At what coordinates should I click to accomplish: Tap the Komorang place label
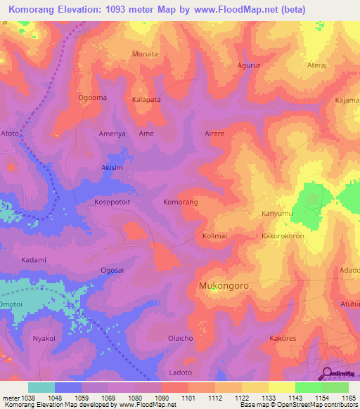[x=181, y=202]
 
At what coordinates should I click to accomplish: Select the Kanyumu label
[x=276, y=213]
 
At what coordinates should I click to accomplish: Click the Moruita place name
[x=146, y=53]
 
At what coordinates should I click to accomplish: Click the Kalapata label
[x=147, y=100]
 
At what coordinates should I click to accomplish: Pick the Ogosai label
[x=113, y=270]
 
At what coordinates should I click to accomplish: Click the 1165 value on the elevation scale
[x=349, y=398]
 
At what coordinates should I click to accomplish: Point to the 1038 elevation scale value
[x=25, y=398]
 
